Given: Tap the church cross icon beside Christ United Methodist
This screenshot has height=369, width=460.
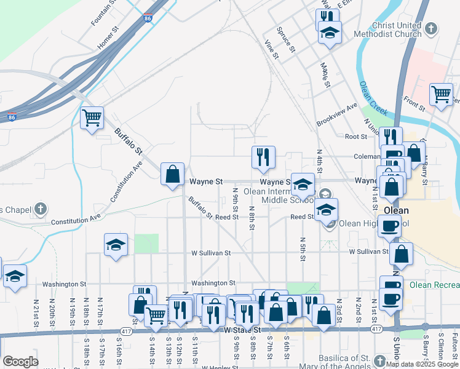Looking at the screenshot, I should [432, 28].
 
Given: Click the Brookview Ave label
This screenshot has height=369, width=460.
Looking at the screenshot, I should [337, 114].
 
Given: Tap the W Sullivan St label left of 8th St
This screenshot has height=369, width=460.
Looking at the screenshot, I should [211, 252].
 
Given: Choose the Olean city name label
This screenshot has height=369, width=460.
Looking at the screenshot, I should [396, 210].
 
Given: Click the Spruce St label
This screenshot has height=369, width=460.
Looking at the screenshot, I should [287, 39].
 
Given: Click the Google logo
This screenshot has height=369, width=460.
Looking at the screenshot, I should [20, 362].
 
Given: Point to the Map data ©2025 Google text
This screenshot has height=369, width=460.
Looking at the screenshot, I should [422, 364].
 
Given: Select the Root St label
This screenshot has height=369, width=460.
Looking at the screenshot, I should [355, 137].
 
